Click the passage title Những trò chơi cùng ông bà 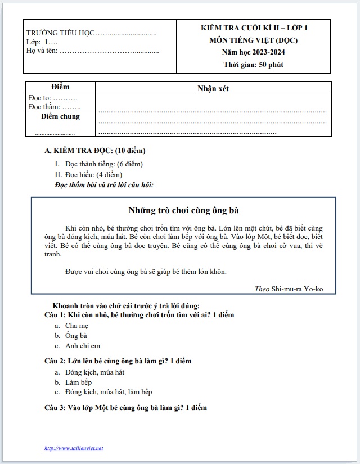183,211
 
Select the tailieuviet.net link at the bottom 74,448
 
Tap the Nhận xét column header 213,88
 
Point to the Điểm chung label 61,117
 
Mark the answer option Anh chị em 83,346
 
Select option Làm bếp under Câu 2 78,382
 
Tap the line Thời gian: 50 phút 253,64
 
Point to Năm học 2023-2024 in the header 253,52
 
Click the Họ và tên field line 93,51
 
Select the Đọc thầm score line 55,107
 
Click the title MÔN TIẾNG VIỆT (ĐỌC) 253,40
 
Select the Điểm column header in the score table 60,87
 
